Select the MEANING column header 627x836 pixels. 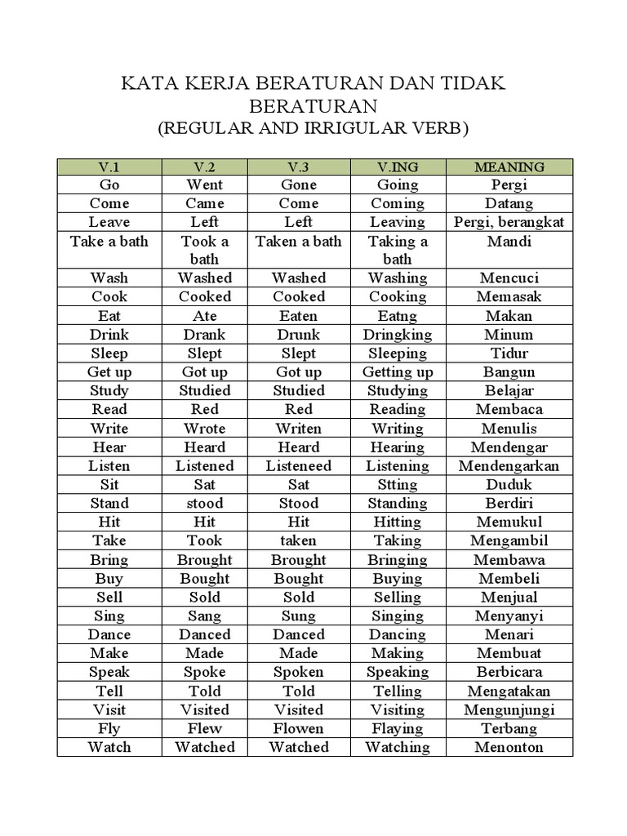point(509,167)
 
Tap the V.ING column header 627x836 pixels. point(398,167)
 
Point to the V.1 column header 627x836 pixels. point(109,167)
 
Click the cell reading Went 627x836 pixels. point(204,185)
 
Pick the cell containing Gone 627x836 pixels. point(299,185)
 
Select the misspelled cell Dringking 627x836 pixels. point(398,334)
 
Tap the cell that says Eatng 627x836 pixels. point(398,315)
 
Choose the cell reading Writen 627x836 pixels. point(299,428)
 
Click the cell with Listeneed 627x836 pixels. point(299,465)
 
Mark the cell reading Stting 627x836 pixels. point(398,484)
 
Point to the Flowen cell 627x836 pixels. point(299,727)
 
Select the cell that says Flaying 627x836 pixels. point(398,727)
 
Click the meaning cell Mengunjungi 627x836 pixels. point(509,709)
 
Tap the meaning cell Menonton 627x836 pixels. point(509,746)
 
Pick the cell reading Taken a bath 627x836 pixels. point(299,241)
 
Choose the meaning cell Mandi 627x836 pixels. point(509,241)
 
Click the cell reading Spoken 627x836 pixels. point(299,671)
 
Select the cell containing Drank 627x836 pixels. point(204,334)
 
